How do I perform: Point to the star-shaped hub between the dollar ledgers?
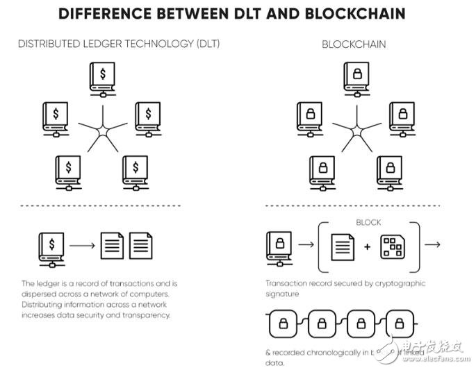[x=102, y=129]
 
